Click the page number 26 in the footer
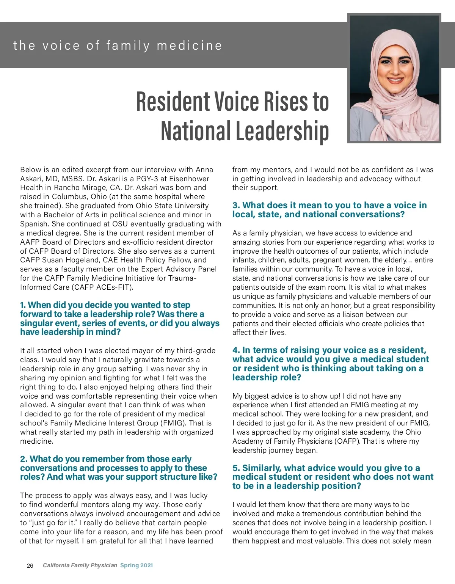(30, 566)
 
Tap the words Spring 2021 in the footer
(136, 565)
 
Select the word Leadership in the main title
(282, 131)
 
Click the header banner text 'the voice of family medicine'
(118, 46)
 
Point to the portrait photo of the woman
(394, 78)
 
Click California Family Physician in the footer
(80, 565)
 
